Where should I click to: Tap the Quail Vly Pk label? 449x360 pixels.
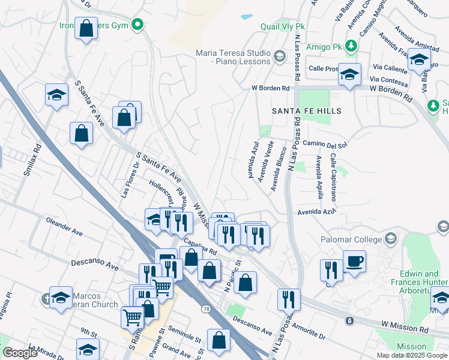click(283, 27)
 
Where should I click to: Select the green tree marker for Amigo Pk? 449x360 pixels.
click(355, 46)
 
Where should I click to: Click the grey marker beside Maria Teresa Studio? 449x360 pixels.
click(279, 56)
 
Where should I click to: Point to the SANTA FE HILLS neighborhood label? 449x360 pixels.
click(307, 111)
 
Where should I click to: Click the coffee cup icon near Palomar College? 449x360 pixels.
click(354, 261)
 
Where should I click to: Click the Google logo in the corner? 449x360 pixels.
click(20, 353)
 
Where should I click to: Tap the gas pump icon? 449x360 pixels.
click(166, 260)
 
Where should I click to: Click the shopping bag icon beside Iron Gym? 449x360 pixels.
click(86, 28)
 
